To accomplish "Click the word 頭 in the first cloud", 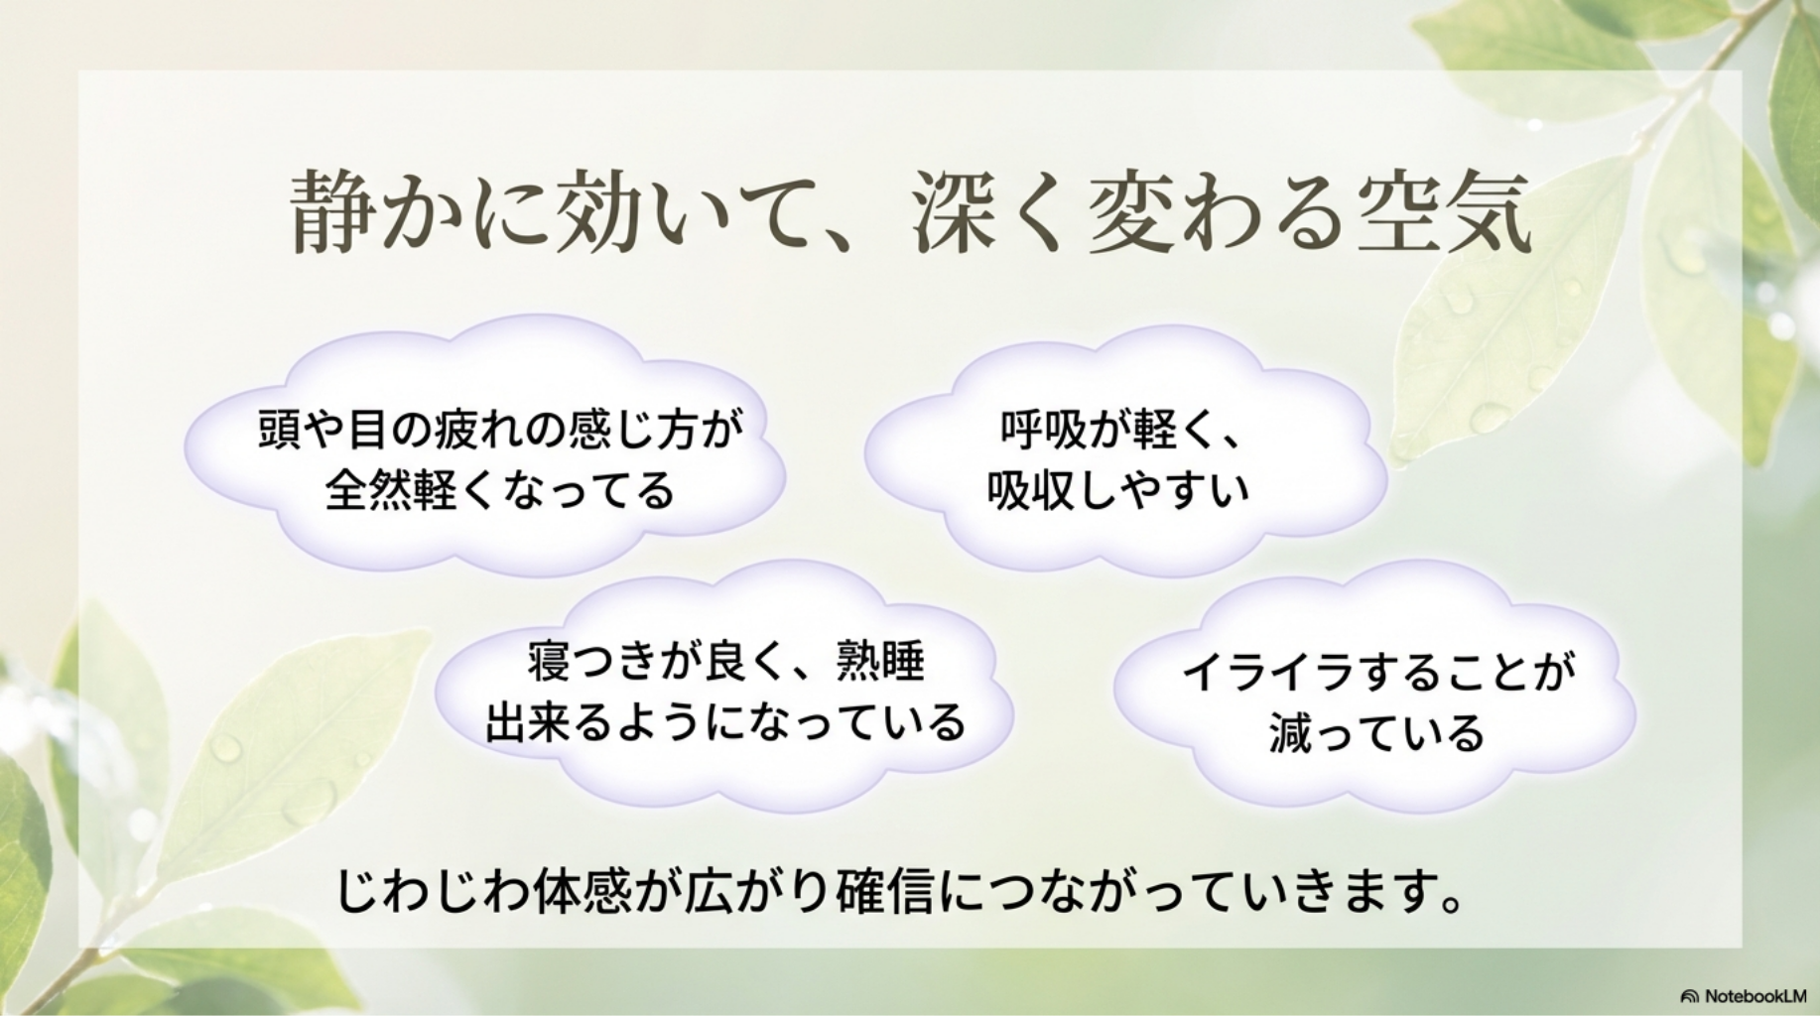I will [x=279, y=431].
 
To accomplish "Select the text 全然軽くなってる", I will [x=499, y=490].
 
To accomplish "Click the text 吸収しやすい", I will [x=1118, y=490].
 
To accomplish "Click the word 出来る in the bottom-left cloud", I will [x=549, y=722].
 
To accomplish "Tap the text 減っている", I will [x=1375, y=734].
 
